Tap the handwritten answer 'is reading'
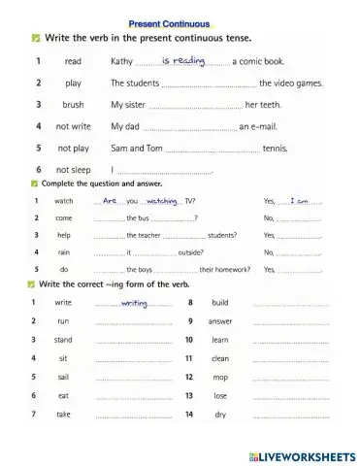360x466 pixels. click(183, 60)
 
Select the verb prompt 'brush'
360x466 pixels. click(73, 105)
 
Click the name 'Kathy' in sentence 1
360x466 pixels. click(122, 61)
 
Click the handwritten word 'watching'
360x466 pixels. click(161, 201)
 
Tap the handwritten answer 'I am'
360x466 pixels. click(299, 201)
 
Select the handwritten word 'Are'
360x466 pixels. click(109, 201)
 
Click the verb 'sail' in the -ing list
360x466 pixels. click(63, 377)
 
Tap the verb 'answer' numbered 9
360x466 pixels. click(220, 321)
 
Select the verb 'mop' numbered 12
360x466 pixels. click(220, 377)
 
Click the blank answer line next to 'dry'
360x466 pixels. click(290, 416)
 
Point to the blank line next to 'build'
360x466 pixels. click(290, 304)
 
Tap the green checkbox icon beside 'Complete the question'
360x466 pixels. click(34, 183)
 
